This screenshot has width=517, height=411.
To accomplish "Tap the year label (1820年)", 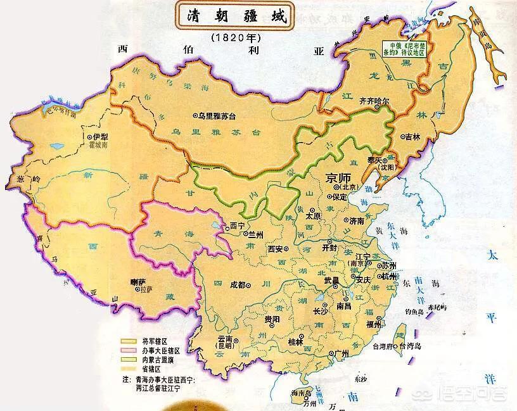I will pos(232,37).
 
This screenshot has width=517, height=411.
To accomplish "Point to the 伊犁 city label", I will pos(98,136).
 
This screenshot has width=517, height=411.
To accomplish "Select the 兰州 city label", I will pos(255,234).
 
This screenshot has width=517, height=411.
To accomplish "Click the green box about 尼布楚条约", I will pos(403,49).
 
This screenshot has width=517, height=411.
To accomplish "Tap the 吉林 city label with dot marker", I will pos(412,137).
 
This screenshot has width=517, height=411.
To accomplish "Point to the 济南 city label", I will pos(357,221).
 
